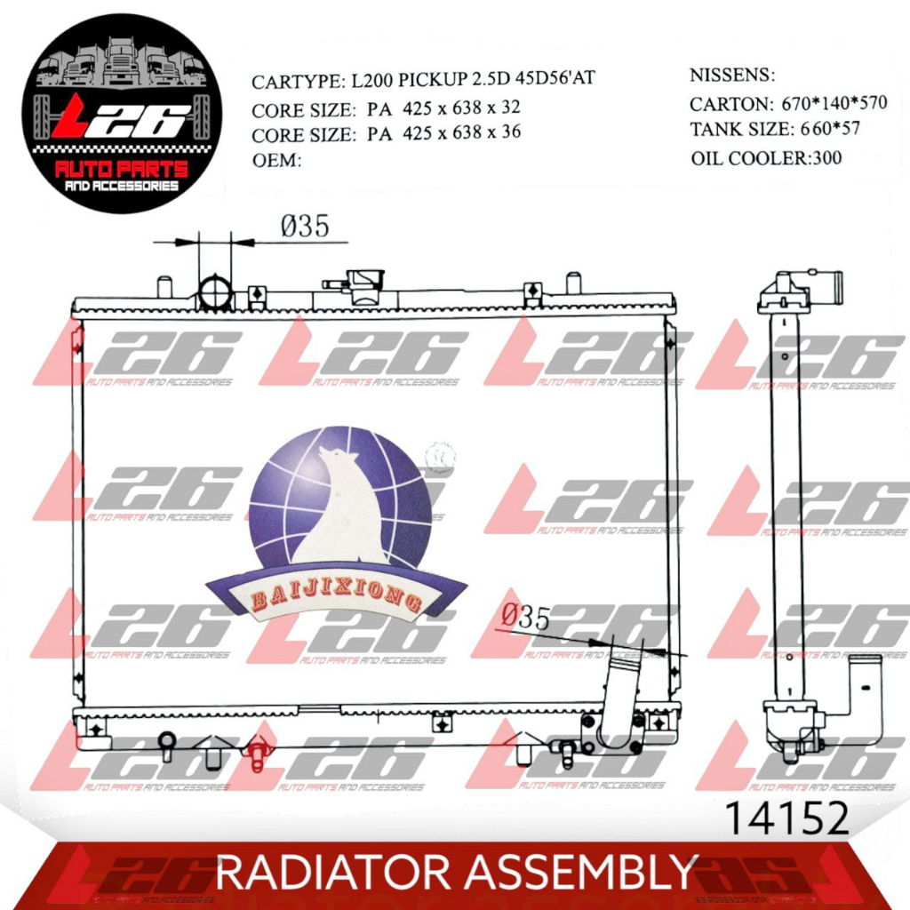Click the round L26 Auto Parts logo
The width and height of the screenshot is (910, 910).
pos(116,114)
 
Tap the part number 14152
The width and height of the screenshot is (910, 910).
pos(787,818)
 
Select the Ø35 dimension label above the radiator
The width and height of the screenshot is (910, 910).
pos(305,227)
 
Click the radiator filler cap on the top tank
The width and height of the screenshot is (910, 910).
pos(363,284)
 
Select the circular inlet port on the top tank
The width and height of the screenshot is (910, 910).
pos(215,292)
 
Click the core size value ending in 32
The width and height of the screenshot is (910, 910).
pos(443,108)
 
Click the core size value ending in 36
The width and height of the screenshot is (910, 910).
pos(443,133)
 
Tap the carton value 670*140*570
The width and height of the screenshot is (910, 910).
pos(834,103)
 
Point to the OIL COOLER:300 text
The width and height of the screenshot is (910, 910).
pos(766,158)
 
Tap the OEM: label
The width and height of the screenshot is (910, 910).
pos(277,160)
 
